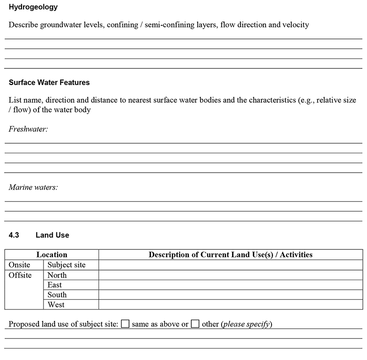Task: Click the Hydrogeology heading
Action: pyautogui.click(x=33, y=8)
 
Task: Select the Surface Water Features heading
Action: pyautogui.click(x=49, y=83)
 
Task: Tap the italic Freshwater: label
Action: pyautogui.click(x=28, y=129)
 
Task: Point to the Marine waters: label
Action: pyautogui.click(x=33, y=187)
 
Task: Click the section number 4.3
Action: pyautogui.click(x=14, y=235)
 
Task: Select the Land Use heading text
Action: pyautogui.click(x=52, y=235)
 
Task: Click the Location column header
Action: pyautogui.click(x=52, y=255)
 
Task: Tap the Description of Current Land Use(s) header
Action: pyautogui.click(x=230, y=255)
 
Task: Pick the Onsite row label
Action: pyautogui.click(x=19, y=265)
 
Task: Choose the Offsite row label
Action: pyautogui.click(x=20, y=275)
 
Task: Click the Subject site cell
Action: pyautogui.click(x=67, y=265)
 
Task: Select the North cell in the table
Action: pyautogui.click(x=57, y=275)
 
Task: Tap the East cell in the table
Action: pyautogui.click(x=55, y=285)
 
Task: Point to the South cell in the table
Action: pyautogui.click(x=57, y=295)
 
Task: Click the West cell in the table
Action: pyautogui.click(x=56, y=305)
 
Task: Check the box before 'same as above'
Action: pyautogui.click(x=125, y=324)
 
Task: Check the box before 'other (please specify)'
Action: pyautogui.click(x=195, y=324)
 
